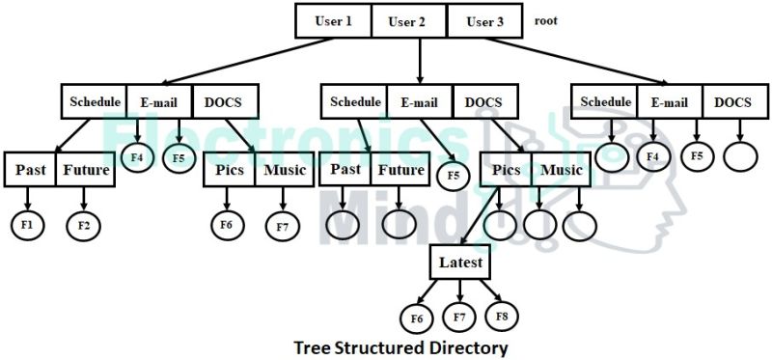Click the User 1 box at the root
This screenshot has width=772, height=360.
pyautogui.click(x=333, y=21)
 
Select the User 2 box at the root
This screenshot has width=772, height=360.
pyautogui.click(x=408, y=21)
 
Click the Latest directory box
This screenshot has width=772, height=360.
pyautogui.click(x=460, y=263)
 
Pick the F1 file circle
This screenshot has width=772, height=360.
pyautogui.click(x=28, y=225)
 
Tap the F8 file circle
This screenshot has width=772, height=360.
pyautogui.click(x=502, y=316)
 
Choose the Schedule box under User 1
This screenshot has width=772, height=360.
pyautogui.click(x=94, y=101)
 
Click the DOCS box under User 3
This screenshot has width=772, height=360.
pyautogui.click(x=733, y=101)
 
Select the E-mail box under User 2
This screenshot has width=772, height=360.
pyautogui.click(x=421, y=100)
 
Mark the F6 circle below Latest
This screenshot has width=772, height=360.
pyautogui.click(x=417, y=317)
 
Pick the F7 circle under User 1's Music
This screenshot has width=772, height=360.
pyautogui.click(x=283, y=226)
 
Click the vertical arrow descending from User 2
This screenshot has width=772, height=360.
pyautogui.click(x=419, y=60)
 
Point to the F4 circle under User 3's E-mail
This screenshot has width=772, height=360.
pyautogui.click(x=653, y=154)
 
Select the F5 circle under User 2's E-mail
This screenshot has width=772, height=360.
pyautogui.click(x=453, y=176)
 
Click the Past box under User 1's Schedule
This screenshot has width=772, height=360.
pyautogui.click(x=29, y=171)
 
